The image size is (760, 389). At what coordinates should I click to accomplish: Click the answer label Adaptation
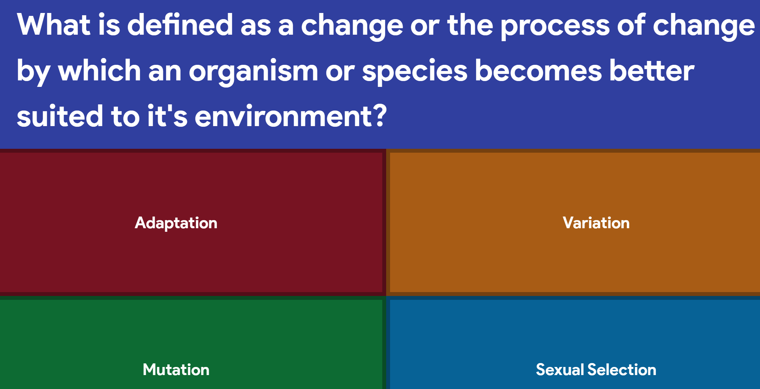176,223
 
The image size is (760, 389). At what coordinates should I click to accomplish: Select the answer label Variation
596,223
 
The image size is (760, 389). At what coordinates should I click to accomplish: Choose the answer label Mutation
176,370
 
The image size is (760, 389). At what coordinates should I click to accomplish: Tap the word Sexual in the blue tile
560,370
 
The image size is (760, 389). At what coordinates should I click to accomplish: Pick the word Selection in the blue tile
622,370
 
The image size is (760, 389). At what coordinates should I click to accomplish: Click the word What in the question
54,25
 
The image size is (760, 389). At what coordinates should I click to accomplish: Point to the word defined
180,25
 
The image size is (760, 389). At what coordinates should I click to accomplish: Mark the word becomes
538,71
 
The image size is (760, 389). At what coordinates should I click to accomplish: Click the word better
652,71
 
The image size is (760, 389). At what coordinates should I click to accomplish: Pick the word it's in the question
167,116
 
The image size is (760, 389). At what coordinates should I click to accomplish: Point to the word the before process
470,25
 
